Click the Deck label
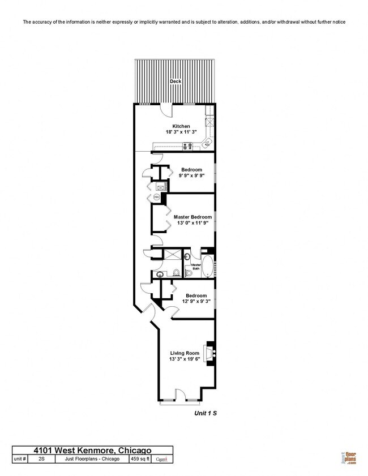[x=176, y=82]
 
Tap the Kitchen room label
[x=181, y=126]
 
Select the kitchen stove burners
[x=187, y=147]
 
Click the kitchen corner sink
[x=208, y=141]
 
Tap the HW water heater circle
[x=156, y=196]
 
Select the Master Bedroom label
[x=192, y=217]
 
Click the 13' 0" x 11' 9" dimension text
[x=192, y=224]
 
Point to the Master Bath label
[x=196, y=266]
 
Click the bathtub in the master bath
[x=208, y=266]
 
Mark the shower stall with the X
[x=172, y=256]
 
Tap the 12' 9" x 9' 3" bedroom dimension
[x=196, y=302]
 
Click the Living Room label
[x=184, y=353]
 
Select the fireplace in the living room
[x=211, y=355]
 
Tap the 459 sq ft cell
[x=140, y=459]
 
